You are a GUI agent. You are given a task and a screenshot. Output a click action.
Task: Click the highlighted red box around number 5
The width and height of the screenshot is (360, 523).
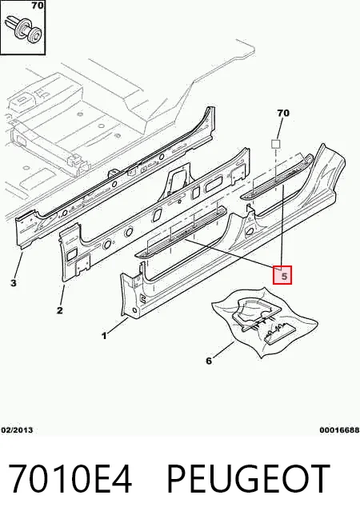coord(282,275)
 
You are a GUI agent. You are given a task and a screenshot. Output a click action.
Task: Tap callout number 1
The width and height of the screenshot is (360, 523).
coord(105,336)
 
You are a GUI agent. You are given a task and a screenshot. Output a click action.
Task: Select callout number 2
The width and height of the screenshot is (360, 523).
coord(59,310)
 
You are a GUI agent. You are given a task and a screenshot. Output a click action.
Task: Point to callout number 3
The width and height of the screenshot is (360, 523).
coord(13,283)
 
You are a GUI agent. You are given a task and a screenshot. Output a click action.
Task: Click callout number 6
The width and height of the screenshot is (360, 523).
coord(209,361)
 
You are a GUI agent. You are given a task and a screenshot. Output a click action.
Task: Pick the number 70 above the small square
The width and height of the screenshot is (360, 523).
coord(283,113)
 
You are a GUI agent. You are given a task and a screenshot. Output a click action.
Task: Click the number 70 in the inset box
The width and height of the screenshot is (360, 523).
coord(38,6)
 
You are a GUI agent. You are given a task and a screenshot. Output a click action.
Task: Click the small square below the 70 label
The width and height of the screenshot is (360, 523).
coord(275,144)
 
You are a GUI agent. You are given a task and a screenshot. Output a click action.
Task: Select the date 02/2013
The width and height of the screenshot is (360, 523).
coord(17,430)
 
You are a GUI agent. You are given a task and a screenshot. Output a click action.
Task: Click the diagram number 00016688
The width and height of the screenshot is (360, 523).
coord(339,430)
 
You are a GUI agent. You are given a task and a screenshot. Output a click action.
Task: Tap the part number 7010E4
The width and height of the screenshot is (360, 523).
coord(70,478)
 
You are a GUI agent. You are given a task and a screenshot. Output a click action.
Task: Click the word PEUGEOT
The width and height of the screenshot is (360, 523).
coord(249,478)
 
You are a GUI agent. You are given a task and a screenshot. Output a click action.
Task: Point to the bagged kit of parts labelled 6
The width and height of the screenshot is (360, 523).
coord(265,321)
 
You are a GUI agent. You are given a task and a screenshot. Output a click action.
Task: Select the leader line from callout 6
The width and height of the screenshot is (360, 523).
coord(223,349)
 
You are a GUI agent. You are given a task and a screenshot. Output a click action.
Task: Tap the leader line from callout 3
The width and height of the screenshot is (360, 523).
coord(18,265)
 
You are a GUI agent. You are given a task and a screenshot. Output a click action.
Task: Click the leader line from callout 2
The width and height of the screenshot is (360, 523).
coord(62,296)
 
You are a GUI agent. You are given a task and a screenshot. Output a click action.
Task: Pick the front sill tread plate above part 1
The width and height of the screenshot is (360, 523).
coord(181,231)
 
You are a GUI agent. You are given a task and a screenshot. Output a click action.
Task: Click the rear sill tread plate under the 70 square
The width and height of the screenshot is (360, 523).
coord(278,177)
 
